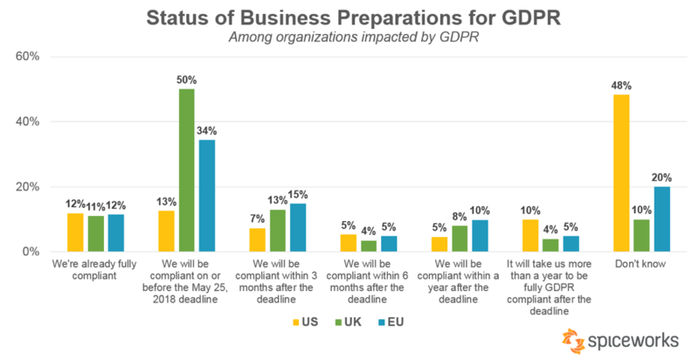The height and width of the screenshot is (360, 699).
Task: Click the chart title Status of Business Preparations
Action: pos(349,17)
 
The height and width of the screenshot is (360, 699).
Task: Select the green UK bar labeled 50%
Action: pos(186,170)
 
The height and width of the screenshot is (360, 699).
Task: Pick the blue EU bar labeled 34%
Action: pos(206,196)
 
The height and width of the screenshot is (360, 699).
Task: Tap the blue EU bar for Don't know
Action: pos(662,219)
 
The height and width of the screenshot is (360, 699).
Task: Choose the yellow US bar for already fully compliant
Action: pos(76,232)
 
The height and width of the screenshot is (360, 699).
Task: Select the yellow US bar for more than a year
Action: pos(529,236)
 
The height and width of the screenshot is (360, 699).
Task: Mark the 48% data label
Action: pos(621,87)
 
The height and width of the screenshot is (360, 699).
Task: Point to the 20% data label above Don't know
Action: pos(663,178)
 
